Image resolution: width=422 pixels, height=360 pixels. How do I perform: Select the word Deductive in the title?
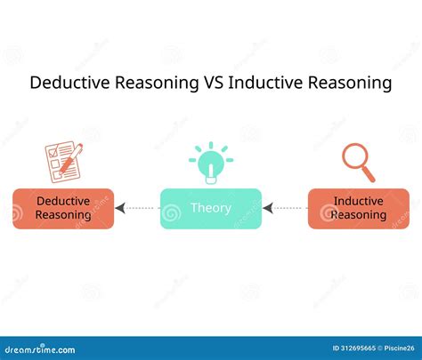(x=68, y=84)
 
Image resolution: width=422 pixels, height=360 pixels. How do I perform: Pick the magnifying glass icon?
(x=359, y=161)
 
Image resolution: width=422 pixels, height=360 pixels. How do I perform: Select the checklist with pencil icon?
(x=63, y=162)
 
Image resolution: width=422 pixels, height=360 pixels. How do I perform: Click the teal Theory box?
(x=210, y=208)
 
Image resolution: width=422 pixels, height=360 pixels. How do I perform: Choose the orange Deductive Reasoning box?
(x=63, y=208)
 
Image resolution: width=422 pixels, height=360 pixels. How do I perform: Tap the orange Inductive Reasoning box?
(x=359, y=208)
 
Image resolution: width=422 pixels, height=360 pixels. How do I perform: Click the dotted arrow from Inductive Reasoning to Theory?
(x=285, y=209)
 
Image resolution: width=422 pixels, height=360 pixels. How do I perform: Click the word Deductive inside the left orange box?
(x=63, y=201)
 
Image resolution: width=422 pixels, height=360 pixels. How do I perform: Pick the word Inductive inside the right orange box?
(x=359, y=201)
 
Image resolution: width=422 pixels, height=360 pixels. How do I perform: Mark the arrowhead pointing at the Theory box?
(x=267, y=209)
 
